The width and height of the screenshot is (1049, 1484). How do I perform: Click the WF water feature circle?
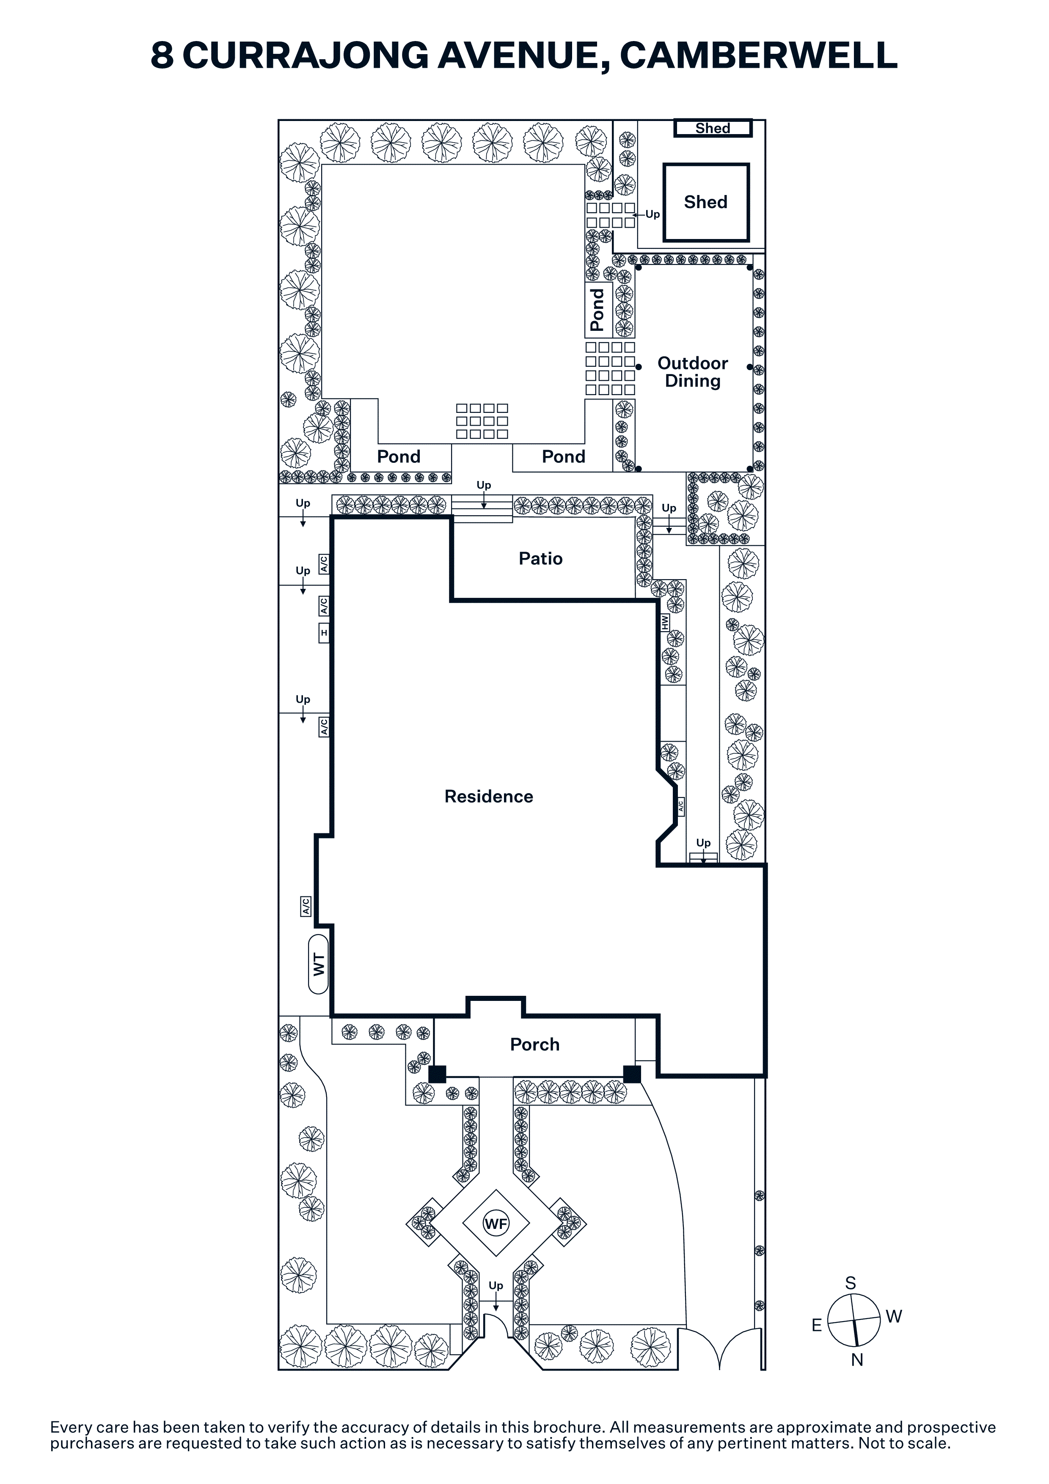[496, 1223]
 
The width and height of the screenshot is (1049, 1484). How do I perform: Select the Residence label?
[489, 796]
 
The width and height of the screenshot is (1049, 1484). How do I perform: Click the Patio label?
[540, 558]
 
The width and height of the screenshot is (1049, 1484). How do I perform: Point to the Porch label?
[534, 1044]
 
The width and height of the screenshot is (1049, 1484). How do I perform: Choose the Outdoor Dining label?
[693, 372]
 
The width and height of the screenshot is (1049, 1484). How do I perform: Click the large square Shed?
[706, 202]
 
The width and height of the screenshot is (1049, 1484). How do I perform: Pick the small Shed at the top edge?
[713, 128]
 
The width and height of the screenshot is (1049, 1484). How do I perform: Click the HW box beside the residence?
[665, 622]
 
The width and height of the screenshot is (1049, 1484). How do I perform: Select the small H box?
[324, 633]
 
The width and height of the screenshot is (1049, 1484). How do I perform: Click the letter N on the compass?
[857, 1360]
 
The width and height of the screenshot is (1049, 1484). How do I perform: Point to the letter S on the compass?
[851, 1283]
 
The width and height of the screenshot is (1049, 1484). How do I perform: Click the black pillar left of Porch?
[438, 1074]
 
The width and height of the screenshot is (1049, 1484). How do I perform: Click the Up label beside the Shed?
[653, 214]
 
